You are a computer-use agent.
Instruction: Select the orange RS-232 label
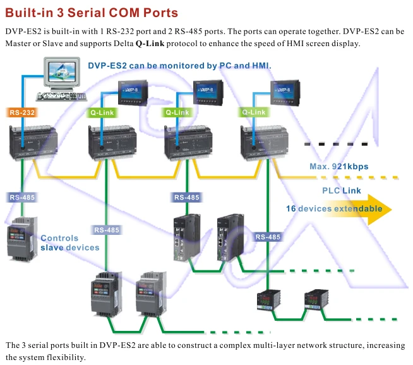23,113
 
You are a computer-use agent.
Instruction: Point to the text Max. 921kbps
338,167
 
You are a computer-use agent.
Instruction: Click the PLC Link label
342,190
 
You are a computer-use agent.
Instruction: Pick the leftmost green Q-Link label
101,113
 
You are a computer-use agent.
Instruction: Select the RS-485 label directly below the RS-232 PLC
23,197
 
